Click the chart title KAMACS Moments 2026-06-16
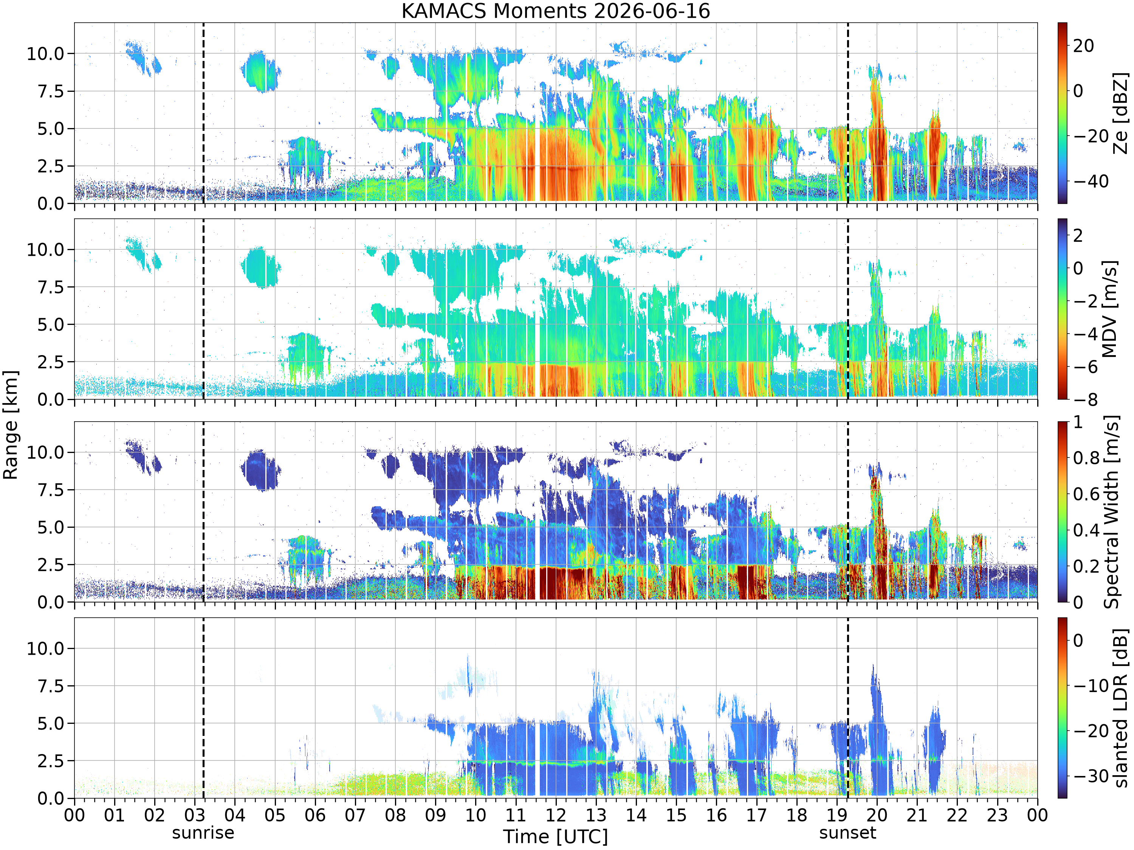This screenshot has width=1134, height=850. coord(555,11)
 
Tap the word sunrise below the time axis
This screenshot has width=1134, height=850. coord(203,833)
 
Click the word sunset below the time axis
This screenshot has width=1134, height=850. coord(847,833)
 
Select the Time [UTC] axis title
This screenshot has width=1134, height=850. coord(555,837)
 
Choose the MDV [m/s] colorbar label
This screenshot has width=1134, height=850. coord(1109,309)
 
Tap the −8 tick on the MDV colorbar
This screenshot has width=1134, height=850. coord(1085,400)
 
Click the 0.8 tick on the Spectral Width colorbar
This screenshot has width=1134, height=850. coord(1087,457)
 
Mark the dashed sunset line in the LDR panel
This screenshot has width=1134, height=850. coord(847,708)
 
